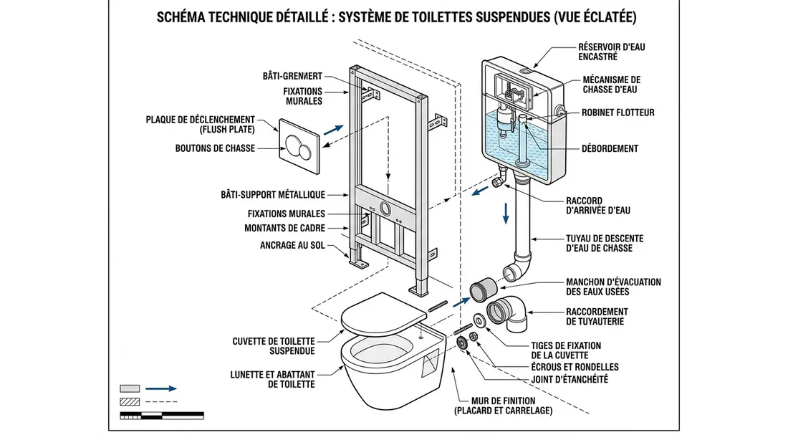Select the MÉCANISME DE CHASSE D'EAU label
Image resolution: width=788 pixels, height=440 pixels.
coord(612,85)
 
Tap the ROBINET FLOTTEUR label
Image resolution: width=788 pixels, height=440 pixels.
coord(618,113)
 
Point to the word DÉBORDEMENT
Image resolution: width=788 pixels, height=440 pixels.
coord(610,149)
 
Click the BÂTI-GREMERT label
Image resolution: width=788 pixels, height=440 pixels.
coord(292,75)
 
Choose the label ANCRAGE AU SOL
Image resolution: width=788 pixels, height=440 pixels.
coord(292,245)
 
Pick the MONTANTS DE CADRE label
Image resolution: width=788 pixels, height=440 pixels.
coord(285,228)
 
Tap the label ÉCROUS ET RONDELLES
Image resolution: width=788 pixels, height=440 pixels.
coord(575,367)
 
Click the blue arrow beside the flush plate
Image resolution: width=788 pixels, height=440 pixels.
coord(333,130)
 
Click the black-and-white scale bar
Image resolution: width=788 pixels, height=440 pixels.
coord(162,415)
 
